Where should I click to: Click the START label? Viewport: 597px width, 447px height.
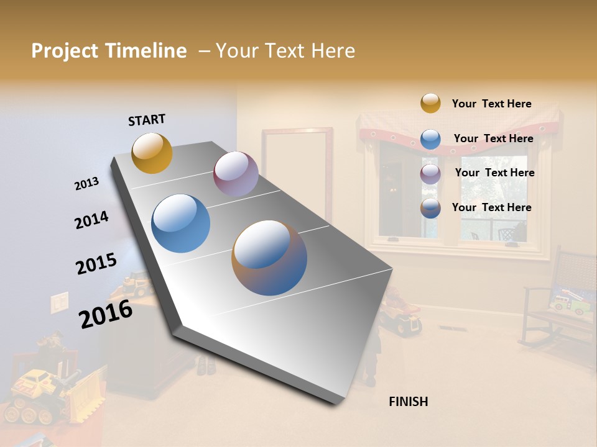click(147, 120)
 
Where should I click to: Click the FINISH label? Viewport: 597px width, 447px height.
click(408, 402)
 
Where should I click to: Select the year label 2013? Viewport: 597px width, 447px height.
click(86, 184)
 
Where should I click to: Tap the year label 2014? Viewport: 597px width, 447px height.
click(91, 220)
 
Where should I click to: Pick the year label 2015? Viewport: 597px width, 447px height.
click(96, 264)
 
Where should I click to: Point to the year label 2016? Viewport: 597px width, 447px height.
click(106, 314)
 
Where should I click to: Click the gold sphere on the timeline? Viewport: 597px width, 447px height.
click(152, 153)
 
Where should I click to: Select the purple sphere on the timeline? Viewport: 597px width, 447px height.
click(236, 174)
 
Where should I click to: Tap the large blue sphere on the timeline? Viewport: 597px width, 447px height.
click(180, 223)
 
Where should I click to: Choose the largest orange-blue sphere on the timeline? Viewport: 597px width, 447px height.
click(269, 258)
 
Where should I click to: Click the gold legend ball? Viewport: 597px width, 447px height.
click(430, 104)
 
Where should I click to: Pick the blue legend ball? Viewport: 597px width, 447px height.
click(430, 139)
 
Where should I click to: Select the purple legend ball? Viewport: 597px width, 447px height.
click(430, 174)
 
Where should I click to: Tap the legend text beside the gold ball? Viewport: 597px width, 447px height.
click(491, 104)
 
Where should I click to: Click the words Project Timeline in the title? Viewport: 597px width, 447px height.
click(109, 51)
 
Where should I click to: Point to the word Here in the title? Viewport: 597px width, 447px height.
click(333, 51)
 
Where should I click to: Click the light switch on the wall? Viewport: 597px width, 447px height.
click(59, 302)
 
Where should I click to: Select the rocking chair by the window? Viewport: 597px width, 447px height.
click(557, 304)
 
